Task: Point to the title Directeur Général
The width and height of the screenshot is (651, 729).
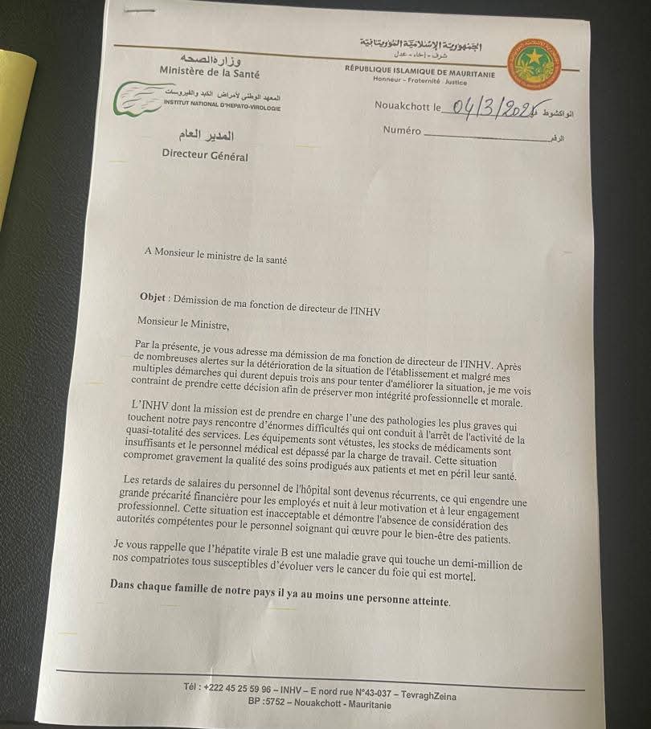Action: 205,156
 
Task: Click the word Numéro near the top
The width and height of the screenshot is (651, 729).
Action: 402,130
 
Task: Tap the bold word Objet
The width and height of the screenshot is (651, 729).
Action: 152,297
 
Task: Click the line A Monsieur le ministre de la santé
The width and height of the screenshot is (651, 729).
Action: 215,260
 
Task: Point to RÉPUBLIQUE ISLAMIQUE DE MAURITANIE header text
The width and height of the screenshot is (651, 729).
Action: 420,71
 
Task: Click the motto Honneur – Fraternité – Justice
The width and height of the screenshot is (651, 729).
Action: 420,80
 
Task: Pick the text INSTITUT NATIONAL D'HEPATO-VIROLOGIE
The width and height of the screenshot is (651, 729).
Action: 222,105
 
